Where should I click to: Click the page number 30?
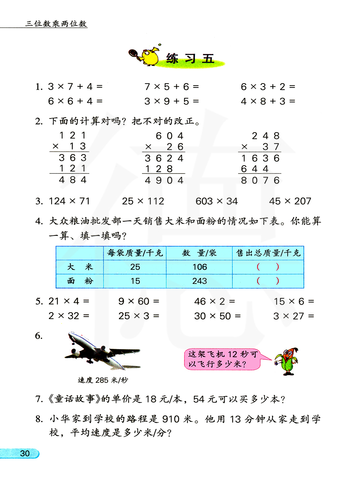(25, 453)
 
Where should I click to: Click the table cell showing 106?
(199, 267)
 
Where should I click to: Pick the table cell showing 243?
(199, 281)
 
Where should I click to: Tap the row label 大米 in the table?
(80, 267)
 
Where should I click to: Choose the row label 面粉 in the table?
(80, 281)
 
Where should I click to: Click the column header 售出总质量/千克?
(268, 253)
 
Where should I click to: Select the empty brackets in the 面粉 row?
(268, 281)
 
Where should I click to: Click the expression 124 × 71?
(69, 201)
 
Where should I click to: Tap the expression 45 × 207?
(290, 201)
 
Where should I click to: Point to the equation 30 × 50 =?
(217, 316)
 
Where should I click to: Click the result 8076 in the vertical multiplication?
(260, 180)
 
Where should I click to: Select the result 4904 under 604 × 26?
(164, 180)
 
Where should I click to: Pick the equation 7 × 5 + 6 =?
(171, 87)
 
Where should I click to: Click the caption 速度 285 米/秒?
(103, 380)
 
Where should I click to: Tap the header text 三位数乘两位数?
(56, 24)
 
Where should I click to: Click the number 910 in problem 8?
(171, 419)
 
